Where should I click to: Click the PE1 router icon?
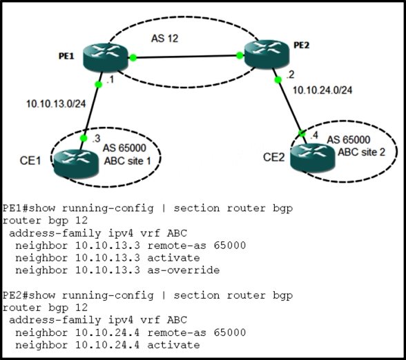pyautogui.click(x=106, y=57)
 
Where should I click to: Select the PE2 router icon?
pyautogui.click(x=267, y=54)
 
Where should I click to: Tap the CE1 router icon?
pyautogui.click(x=76, y=163)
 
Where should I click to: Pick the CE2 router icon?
pyautogui.click(x=313, y=158)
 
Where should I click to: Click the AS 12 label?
pyautogui.click(x=164, y=39)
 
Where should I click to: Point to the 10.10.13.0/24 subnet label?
pyautogui.click(x=56, y=104)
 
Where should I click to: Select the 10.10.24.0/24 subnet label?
pyautogui.click(x=322, y=90)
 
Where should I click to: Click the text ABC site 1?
pyautogui.click(x=127, y=161)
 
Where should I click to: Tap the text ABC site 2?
pyautogui.click(x=362, y=152)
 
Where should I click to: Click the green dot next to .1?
pyautogui.click(x=98, y=84)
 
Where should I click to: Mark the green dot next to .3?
pyautogui.click(x=84, y=139)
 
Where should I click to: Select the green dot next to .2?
pyautogui.click(x=278, y=80)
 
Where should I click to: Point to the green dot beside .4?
pyautogui.click(x=302, y=134)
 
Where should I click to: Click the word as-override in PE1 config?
pyautogui.click(x=184, y=270)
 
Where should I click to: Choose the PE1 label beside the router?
pyautogui.click(x=66, y=56)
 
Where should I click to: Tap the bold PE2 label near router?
pyautogui.click(x=301, y=46)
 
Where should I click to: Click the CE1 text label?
pyautogui.click(x=30, y=161)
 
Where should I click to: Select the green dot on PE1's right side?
pyautogui.click(x=133, y=58)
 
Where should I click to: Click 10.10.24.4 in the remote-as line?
pyautogui.click(x=108, y=332)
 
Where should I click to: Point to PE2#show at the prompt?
pyautogui.click(x=29, y=295)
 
